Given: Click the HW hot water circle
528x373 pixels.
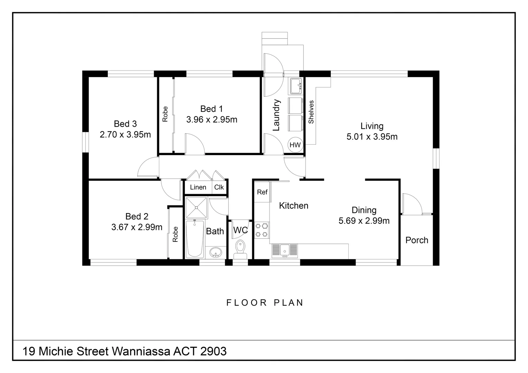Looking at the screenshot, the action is (295, 145).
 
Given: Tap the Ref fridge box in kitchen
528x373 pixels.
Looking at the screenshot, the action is (262, 192).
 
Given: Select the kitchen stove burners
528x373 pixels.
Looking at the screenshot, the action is (262, 230).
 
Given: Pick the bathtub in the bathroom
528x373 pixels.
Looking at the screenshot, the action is (195, 238).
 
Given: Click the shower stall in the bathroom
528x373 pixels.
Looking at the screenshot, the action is (196, 208).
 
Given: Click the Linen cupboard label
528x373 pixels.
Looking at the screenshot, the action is (198, 187).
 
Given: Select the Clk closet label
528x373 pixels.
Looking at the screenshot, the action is (219, 187).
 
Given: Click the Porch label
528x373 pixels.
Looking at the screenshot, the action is (417, 240).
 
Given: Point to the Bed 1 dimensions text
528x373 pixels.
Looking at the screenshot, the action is (212, 119).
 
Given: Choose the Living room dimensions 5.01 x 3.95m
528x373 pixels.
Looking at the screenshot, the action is (372, 137).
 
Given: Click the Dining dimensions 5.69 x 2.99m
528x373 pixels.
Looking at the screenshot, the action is (364, 221).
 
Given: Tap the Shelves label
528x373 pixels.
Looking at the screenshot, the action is (311, 112).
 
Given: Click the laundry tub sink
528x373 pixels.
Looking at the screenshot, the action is (296, 86).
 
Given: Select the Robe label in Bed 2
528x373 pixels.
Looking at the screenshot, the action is (175, 234).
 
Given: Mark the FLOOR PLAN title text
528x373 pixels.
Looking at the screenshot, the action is (265, 303).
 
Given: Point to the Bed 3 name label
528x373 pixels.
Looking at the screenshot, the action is (125, 124).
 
